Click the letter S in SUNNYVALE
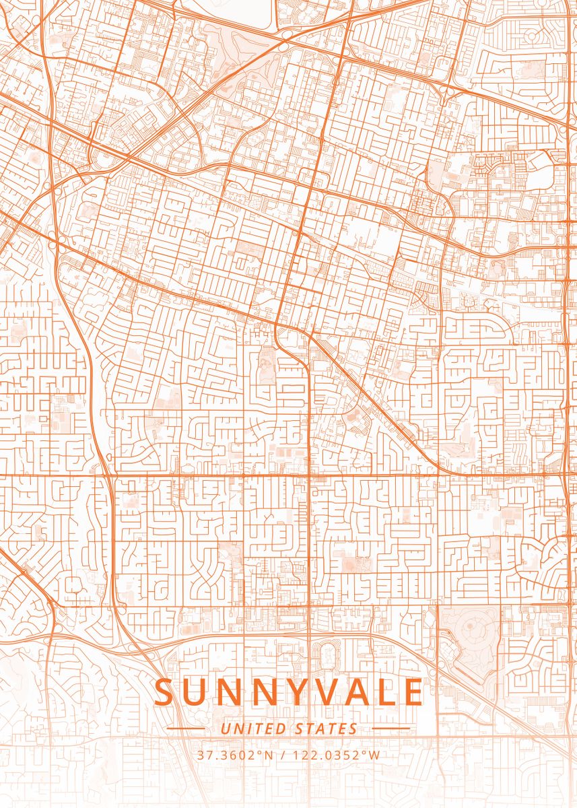tap(165, 692)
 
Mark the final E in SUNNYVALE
tap(413, 692)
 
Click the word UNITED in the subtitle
tap(254, 729)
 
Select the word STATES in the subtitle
tap(327, 729)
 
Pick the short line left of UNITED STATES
tap(186, 729)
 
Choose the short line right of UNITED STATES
tap(391, 729)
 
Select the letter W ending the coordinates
tap(374, 755)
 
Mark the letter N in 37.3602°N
tap(269, 755)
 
